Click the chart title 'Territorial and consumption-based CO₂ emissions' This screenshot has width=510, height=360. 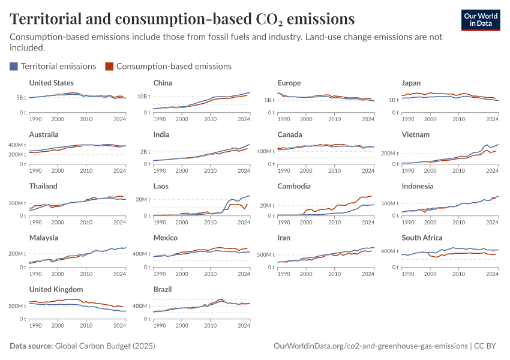182,19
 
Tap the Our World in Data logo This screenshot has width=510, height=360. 480,20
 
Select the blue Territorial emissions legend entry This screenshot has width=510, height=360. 53,66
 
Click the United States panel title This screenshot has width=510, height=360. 52,83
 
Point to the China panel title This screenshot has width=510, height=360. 163,83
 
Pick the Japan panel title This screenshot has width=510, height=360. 411,83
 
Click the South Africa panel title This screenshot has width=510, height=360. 422,238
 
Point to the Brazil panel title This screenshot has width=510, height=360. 163,289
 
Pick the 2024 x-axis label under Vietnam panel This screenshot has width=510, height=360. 492,170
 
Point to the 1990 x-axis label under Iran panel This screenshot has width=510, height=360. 284,274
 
